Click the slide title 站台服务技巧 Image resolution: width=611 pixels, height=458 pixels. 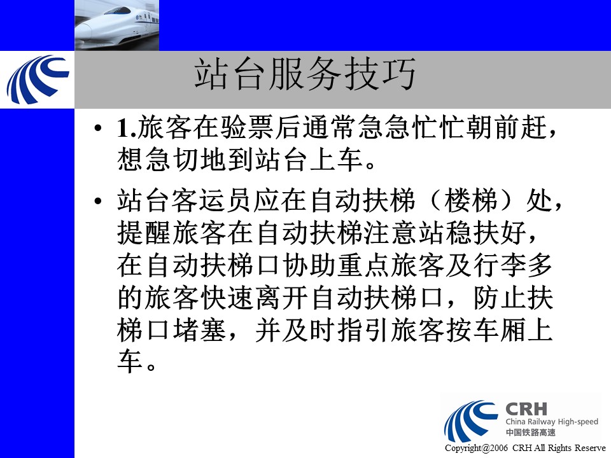pyautogui.click(x=305, y=74)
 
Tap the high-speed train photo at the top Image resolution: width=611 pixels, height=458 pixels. pyautogui.click(x=116, y=25)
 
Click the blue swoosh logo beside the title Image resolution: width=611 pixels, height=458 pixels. pyautogui.click(x=37, y=80)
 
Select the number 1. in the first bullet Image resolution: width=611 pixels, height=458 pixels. pyautogui.click(x=127, y=127)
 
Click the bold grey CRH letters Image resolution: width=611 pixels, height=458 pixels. pyautogui.click(x=526, y=409)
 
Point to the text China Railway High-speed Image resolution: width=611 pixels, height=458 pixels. pyautogui.click(x=552, y=422)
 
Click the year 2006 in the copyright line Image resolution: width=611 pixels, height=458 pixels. pyautogui.click(x=499, y=448)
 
